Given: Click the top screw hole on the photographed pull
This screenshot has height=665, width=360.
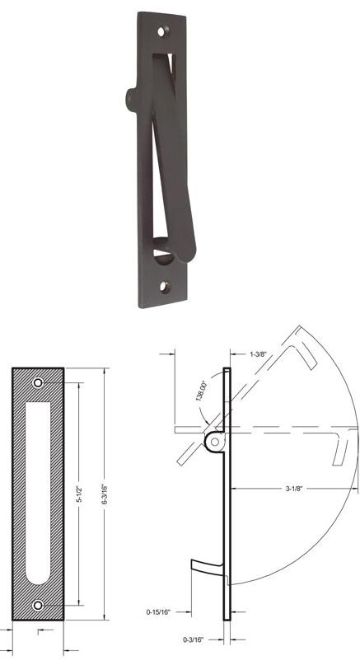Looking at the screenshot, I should click(161, 30).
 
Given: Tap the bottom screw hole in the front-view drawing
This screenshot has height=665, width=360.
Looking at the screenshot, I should click(39, 606).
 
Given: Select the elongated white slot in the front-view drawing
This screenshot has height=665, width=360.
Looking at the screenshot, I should click(39, 494).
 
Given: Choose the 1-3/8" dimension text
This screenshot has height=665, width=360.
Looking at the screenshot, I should click(257, 353).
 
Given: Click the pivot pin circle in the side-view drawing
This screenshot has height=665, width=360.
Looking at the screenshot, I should click(215, 443).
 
